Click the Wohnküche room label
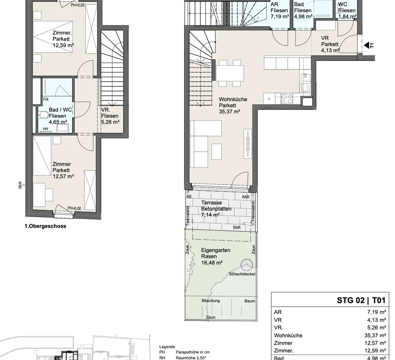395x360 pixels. tap(233, 99)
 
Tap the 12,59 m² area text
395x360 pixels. tap(63, 45)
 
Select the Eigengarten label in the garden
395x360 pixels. tap(216, 250)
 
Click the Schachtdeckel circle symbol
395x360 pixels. tap(247, 265)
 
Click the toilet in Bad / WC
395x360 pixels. tap(43, 116)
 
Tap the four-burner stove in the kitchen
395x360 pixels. tap(287, 99)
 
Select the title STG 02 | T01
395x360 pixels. tap(361, 300)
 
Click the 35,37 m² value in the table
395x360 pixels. tap(375, 336)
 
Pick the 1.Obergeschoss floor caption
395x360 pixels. tap(45, 226)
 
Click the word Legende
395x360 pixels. tap(167, 347)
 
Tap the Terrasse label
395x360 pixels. tap(212, 203)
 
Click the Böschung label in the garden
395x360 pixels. tap(210, 301)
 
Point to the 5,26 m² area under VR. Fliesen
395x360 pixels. tap(110, 122)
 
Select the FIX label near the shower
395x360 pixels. tap(46, 99)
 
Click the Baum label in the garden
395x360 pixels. tap(250, 301)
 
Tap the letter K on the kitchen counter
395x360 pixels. tap(269, 99)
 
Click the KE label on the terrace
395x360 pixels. tap(189, 197)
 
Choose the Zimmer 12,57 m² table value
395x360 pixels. tap(375, 343)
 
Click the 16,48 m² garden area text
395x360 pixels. tap(212, 263)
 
